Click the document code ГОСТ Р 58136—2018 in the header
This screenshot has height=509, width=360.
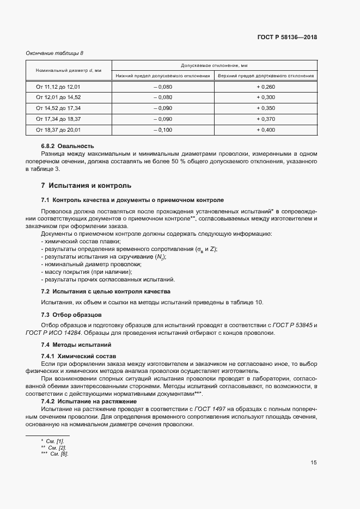click(287, 38)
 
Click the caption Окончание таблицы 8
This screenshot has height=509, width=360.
click(55, 53)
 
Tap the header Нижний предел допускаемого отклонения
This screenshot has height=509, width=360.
click(163, 76)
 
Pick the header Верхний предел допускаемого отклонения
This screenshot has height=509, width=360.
click(266, 76)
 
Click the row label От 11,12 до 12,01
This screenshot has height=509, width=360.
click(58, 87)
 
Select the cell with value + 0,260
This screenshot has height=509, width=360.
click(266, 87)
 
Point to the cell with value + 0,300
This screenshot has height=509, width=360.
click(266, 97)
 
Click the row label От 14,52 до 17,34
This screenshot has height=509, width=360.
click(58, 108)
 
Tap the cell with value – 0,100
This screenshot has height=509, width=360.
click(162, 130)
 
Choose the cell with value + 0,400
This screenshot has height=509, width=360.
click(266, 130)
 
